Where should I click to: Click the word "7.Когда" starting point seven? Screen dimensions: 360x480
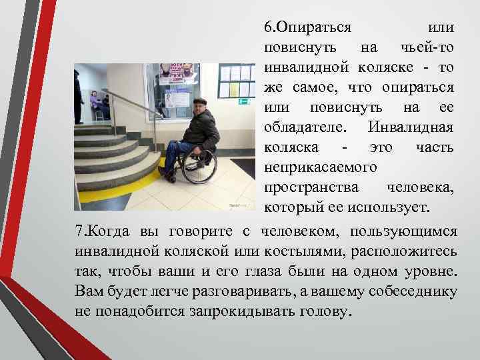103,231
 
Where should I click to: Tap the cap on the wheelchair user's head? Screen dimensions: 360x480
199,101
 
